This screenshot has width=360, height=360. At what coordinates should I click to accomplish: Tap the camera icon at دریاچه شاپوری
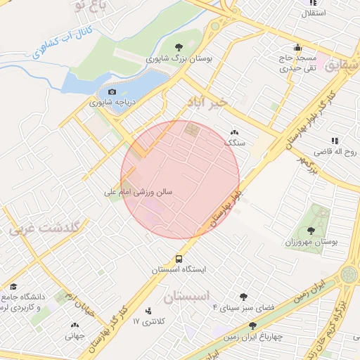tap(112, 92)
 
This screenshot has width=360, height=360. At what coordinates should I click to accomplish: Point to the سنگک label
tap(234, 142)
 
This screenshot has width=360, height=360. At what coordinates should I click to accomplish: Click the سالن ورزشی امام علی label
tap(139, 191)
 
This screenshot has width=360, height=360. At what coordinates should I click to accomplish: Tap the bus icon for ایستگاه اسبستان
tap(179, 258)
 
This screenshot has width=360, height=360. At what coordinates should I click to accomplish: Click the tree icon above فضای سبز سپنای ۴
tap(243, 297)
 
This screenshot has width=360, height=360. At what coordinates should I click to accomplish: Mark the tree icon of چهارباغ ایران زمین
tap(252, 325)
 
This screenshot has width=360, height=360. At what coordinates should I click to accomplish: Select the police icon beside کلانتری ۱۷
tap(148, 311)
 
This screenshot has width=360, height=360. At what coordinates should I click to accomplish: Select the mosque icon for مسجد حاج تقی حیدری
tap(298, 48)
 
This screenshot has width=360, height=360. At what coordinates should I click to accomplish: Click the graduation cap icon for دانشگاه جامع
tap(12, 286)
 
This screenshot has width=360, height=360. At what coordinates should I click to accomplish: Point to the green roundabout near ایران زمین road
tap(349, 274)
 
